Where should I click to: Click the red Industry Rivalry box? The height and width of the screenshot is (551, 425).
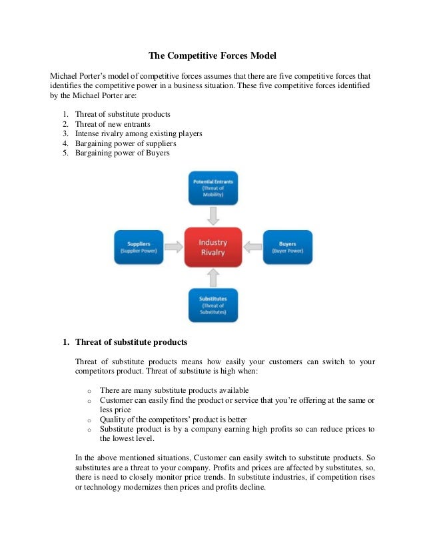coord(212,247)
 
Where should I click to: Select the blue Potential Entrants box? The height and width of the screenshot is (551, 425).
coord(212,189)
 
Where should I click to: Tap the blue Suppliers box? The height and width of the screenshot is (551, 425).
coord(139,247)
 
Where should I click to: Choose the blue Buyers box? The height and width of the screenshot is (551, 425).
coord(288,247)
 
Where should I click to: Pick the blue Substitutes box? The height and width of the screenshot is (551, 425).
coord(212,304)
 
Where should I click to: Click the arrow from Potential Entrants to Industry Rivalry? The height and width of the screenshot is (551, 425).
coord(212,216)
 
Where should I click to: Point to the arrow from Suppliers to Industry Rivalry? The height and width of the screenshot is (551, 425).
coord(173,247)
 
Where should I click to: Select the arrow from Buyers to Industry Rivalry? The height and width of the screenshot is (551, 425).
coord(252,247)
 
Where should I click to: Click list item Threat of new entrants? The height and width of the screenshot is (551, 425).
coord(113,124)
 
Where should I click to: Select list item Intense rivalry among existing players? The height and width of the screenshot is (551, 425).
coord(139,134)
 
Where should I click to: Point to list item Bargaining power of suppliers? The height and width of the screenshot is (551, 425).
coord(126,143)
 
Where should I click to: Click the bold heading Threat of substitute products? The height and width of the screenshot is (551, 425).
coord(131,342)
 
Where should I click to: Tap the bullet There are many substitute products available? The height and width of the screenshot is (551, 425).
coord(175,390)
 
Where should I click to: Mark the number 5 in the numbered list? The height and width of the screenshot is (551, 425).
coord(65,153)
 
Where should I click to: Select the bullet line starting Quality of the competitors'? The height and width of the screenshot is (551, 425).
coord(173,419)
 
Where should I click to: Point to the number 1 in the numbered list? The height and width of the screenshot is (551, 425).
coord(65,115)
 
